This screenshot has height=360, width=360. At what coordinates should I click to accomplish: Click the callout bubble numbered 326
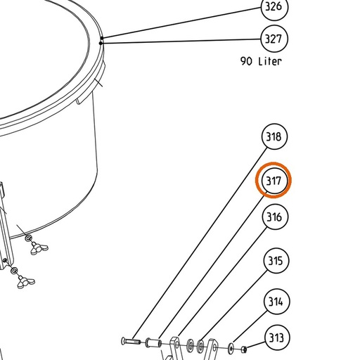point(274,7)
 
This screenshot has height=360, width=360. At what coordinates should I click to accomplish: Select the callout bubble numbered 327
point(274,39)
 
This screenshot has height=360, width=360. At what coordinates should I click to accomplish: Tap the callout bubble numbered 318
point(274,136)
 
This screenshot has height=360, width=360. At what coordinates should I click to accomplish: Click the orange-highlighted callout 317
point(274,181)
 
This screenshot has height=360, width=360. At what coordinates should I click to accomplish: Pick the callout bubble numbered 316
point(275,217)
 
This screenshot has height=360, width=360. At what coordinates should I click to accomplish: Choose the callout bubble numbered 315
point(276,261)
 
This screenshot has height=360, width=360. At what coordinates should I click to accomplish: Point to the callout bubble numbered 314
point(276,302)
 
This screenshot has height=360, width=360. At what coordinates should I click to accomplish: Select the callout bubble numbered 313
point(277,337)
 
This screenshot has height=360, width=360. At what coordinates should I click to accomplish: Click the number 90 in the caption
point(246,61)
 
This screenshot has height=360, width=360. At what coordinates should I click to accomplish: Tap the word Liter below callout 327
point(270,61)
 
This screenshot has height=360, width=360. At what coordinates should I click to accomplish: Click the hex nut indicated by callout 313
point(244,349)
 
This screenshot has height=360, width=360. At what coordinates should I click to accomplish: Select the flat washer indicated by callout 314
point(231,347)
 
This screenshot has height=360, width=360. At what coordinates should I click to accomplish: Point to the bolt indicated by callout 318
point(131,341)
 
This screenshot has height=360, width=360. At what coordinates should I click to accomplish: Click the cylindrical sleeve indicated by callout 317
point(154,343)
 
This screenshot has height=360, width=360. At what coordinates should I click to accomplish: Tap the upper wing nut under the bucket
point(39,249)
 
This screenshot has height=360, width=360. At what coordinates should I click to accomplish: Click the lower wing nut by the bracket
point(26,282)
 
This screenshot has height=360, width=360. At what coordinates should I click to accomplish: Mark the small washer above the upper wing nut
point(28,238)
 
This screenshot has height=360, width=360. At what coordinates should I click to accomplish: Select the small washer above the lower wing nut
point(15,271)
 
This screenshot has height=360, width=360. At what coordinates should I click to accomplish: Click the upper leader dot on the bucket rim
point(102,38)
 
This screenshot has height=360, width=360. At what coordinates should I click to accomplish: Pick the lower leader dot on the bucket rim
point(101,44)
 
